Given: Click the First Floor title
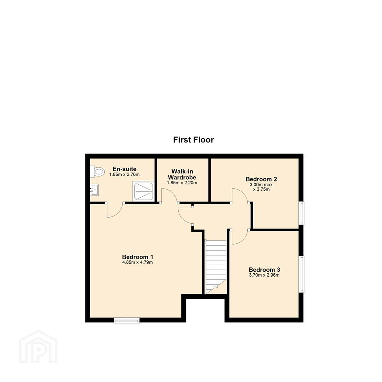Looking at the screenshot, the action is click(193, 140).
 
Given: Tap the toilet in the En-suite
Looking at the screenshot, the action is click(97, 172).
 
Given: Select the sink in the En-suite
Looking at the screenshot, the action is click(94, 190).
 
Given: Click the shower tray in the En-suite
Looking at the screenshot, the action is click(144, 191).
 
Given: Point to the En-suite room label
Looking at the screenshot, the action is click(125, 169).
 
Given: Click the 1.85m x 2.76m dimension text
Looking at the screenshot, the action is click(125, 174).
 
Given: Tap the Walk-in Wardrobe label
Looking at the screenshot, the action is click(182, 174).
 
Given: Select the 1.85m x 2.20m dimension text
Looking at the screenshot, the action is click(182, 183).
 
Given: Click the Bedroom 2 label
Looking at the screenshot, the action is click(261, 179).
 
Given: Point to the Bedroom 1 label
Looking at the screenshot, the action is click(138, 257).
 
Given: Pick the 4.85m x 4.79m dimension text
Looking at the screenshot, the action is click(138, 262).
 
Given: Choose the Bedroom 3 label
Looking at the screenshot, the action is click(264, 270).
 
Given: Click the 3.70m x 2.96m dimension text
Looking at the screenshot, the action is click(264, 275).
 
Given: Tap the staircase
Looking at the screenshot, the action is click(216, 267).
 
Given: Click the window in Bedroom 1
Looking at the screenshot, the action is click(127, 320).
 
